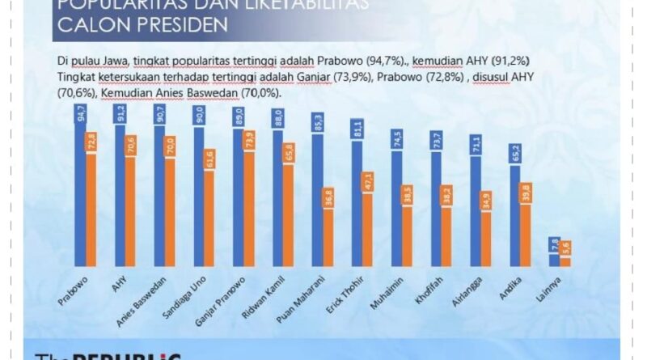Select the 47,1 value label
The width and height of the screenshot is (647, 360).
pos(368,182)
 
